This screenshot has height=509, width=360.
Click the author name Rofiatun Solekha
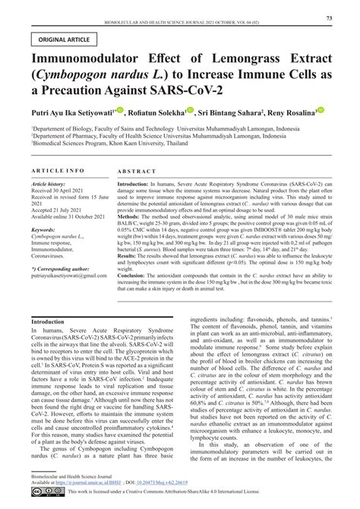tap(166, 111)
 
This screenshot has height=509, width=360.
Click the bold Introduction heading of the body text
tap(48, 323)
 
